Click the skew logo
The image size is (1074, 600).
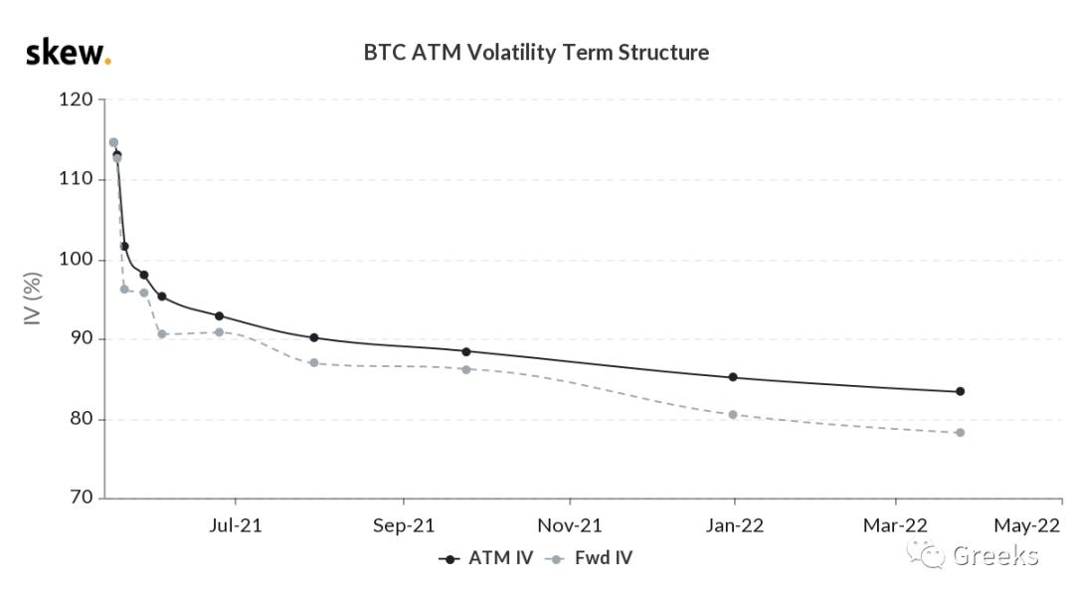click(67, 52)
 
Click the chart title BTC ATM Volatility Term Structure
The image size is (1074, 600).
click(536, 52)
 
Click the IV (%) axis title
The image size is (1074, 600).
click(33, 299)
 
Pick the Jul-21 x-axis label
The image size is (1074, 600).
click(235, 525)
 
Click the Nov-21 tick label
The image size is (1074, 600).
click(570, 525)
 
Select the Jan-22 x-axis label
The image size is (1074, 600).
click(735, 525)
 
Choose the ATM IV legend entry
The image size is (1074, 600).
click(487, 558)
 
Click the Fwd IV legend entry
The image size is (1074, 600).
click(593, 558)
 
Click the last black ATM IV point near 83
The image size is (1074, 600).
click(960, 391)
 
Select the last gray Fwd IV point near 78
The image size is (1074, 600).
click(960, 432)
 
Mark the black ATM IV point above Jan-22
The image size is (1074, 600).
click(733, 377)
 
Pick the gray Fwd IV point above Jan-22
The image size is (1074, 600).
click(733, 414)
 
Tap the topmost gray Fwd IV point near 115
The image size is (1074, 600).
click(113, 142)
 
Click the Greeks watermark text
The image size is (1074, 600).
click(995, 555)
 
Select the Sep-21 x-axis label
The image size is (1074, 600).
click(404, 525)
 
